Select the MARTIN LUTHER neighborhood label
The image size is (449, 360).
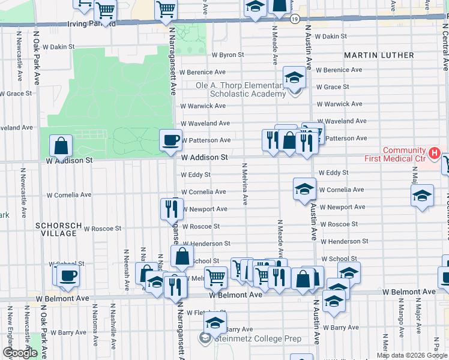click(x=379, y=55)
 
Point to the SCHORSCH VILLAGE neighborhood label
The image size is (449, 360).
click(x=58, y=229)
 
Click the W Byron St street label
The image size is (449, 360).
click(x=228, y=55)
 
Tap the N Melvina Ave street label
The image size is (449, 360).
click(x=245, y=184)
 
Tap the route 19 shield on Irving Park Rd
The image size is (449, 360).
click(x=294, y=19)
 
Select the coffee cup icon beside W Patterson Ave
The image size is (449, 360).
click(x=170, y=140)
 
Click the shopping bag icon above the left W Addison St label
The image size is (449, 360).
click(x=61, y=145)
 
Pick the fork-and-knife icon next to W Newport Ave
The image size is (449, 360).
click(x=172, y=208)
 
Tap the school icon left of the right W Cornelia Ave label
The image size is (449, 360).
click(x=304, y=188)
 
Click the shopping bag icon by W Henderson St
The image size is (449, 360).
click(x=182, y=256)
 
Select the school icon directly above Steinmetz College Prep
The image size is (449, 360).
click(x=215, y=322)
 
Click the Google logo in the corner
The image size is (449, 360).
click(x=20, y=353)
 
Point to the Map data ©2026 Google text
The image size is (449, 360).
click(x=411, y=355)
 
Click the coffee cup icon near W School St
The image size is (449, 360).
click(x=68, y=275)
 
